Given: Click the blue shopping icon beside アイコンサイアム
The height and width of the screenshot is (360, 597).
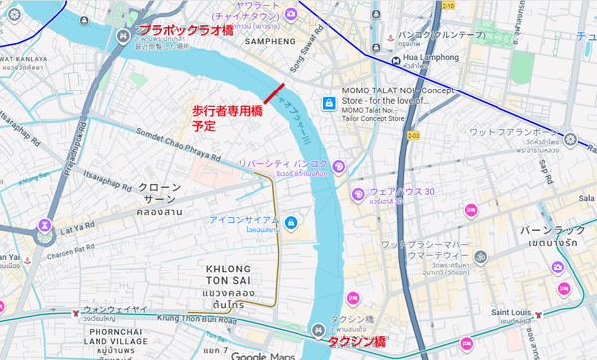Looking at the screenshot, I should (290, 221).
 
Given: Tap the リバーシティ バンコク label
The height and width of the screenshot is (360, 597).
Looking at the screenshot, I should (283, 164).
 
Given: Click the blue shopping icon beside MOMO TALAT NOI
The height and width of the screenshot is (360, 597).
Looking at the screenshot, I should (329, 102).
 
